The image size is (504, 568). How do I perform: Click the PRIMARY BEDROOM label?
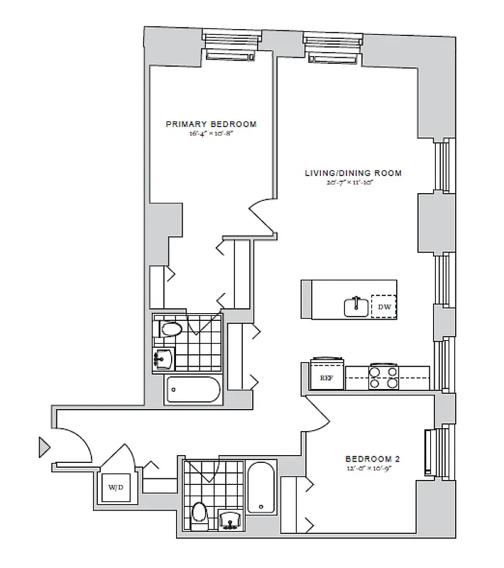coord(211,124)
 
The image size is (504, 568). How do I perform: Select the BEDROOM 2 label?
coord(368,459)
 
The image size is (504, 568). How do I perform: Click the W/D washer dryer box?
coord(115,488)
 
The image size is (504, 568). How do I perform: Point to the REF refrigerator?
coord(327,377)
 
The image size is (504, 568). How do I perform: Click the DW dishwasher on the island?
coord(384,307)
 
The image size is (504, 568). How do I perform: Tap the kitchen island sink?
coord(356,307)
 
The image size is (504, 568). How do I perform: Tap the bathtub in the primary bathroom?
coord(194,390)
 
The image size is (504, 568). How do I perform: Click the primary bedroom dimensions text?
coord(211,133)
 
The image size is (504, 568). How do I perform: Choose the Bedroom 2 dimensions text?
coord(368,469)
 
